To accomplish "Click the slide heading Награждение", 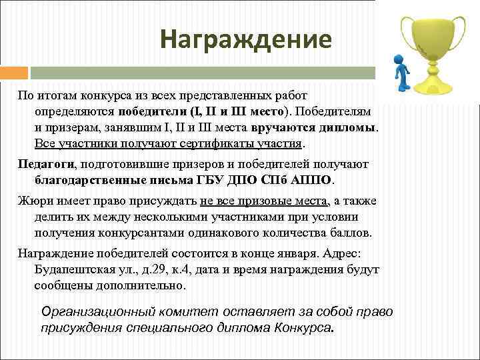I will click(245, 39).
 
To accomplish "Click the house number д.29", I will click(166, 270).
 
